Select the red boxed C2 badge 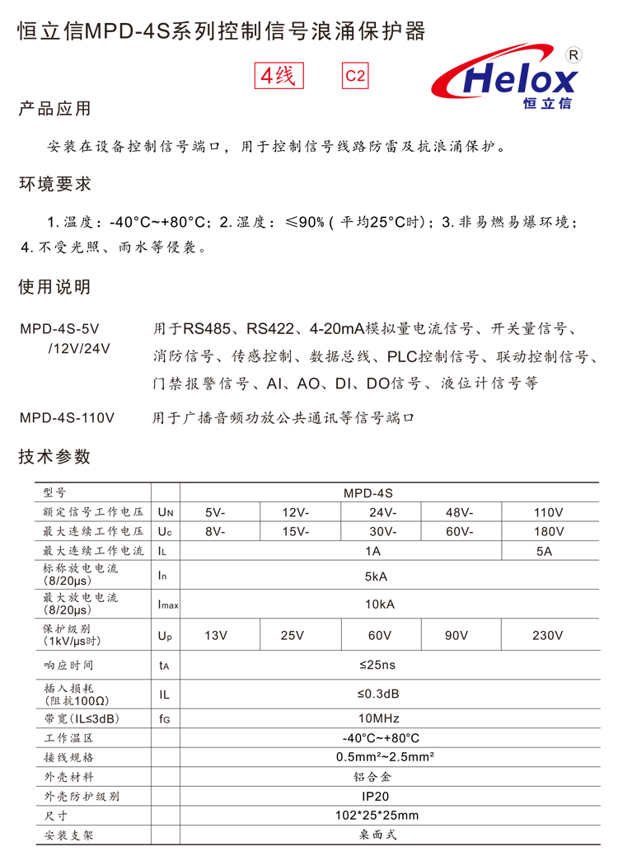coord(354,76)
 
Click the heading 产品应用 coord(54,109)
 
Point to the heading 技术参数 coord(54,457)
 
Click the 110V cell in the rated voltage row coord(549,511)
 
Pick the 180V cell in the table coord(549,531)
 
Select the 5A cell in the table coord(544,551)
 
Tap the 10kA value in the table coord(380,604)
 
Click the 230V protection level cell coord(549,635)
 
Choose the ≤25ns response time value coord(380,665)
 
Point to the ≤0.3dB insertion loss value coord(380,694)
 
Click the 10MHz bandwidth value coord(380,718)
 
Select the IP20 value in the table coord(380,797)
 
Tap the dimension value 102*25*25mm coord(380,817)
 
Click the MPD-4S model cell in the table coord(380,492)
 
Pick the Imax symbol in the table coord(167,605)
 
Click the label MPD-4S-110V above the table coord(67,418)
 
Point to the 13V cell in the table coord(216,635)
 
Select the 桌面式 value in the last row coord(380,835)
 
